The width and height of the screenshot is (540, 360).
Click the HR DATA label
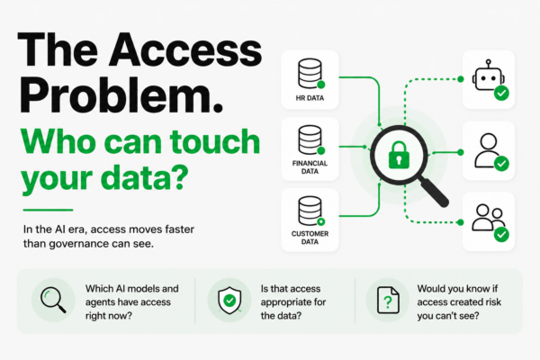[x=310, y=98]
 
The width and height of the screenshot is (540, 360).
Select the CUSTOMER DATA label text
[x=310, y=238]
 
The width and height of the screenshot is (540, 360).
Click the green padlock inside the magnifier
[x=399, y=155]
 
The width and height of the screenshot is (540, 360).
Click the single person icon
[x=488, y=150]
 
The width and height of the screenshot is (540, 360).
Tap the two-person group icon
[x=488, y=218]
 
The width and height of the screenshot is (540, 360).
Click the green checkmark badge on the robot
[x=501, y=93]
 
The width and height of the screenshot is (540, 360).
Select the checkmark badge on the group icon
[x=501, y=235]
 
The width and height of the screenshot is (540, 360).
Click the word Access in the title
[x=185, y=50]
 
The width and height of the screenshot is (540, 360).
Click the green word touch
[x=215, y=142]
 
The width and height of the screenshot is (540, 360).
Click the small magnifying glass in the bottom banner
[x=53, y=300]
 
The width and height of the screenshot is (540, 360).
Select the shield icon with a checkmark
[x=229, y=300]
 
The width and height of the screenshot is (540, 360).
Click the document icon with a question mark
[x=388, y=301]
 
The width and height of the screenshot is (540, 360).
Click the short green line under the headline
[x=48, y=210]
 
